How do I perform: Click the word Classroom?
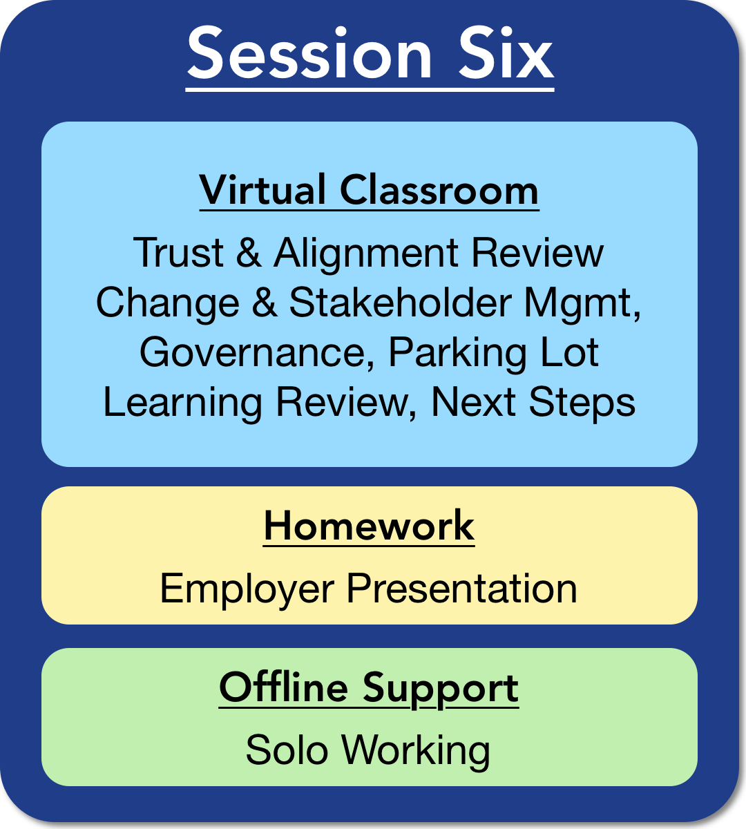click(x=439, y=189)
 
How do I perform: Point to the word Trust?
click(x=178, y=252)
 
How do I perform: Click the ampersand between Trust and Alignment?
click(x=249, y=252)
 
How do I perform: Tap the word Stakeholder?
click(x=400, y=302)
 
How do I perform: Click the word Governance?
click(x=257, y=352)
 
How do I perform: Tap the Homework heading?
click(x=369, y=525)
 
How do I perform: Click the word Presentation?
click(x=461, y=588)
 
